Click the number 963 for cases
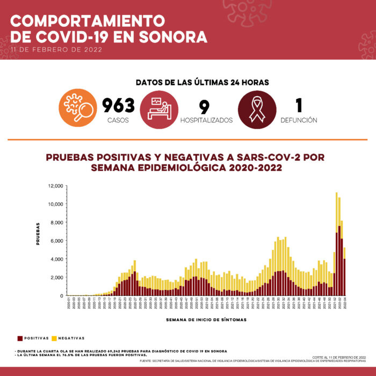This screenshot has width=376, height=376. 118,105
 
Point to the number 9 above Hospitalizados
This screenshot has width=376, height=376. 204,106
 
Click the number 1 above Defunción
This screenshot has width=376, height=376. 299,106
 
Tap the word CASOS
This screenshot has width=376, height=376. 118,120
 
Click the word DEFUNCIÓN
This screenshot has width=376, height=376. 299,120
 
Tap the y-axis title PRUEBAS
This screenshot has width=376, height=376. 39,233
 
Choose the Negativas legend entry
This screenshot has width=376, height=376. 69,338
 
